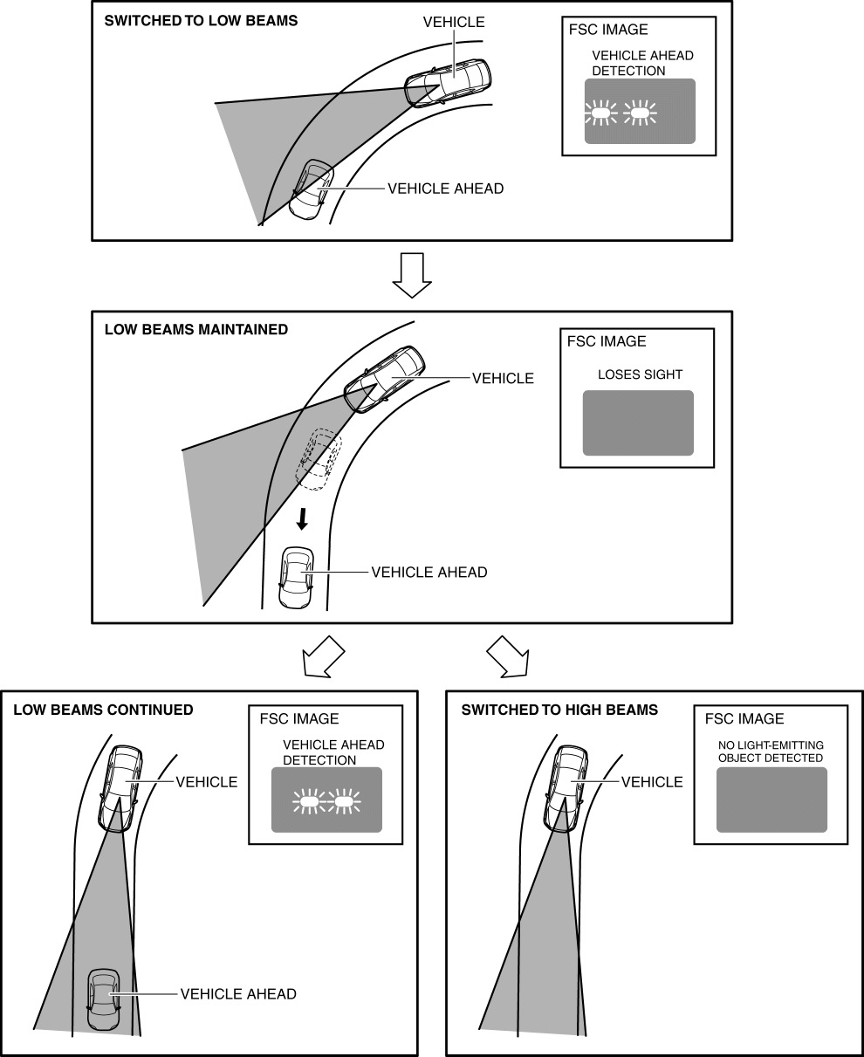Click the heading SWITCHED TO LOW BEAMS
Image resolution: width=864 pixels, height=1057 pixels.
(200, 21)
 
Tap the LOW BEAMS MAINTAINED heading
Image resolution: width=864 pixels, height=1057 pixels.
(195, 330)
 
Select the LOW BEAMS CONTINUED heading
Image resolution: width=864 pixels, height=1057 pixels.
(103, 710)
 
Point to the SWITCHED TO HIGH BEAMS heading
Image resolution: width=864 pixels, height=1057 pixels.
(559, 710)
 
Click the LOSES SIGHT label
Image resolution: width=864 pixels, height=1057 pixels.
(640, 374)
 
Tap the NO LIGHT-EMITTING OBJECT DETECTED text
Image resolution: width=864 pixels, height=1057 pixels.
(771, 752)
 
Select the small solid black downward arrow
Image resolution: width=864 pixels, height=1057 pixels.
(302, 519)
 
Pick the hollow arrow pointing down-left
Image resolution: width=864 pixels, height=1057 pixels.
(322, 656)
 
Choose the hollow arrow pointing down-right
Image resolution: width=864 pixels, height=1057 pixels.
(509, 656)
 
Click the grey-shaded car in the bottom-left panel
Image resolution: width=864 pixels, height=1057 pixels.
(104, 999)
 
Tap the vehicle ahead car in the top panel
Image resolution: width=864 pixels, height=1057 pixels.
(309, 189)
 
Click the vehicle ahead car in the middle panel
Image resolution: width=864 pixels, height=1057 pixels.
(296, 577)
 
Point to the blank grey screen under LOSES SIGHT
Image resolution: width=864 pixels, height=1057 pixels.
(638, 422)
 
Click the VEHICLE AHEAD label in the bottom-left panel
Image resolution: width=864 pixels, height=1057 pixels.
(238, 993)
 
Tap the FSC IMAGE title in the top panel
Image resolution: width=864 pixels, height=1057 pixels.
(607, 30)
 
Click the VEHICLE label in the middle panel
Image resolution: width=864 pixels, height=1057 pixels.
(503, 379)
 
